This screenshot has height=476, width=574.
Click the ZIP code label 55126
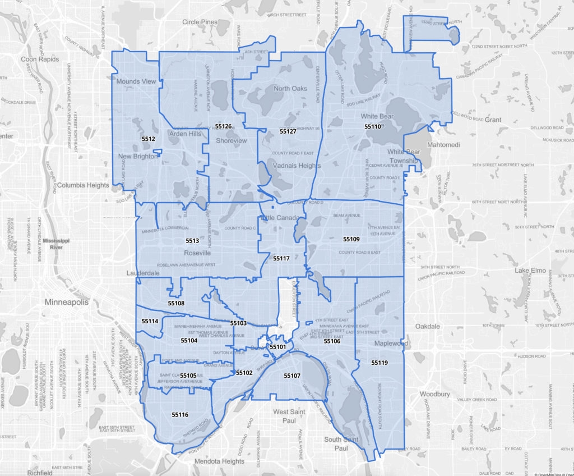pos(223,126)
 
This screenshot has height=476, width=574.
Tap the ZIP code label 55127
pos(288,131)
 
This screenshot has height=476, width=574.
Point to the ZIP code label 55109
pos(351,239)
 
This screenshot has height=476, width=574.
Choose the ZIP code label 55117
pos(281,259)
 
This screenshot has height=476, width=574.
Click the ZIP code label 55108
pos(176,303)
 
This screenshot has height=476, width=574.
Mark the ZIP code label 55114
pos(150,321)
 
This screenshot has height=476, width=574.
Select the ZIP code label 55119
pos(379,363)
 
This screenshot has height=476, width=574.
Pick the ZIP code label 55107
pos(293,376)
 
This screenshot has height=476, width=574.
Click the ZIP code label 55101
pos(278,347)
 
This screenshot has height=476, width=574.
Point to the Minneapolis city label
pos(67,303)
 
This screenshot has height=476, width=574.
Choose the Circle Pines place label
pos(200,22)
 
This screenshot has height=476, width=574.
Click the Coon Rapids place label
pos(40,59)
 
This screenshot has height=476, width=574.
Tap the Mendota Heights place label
pos(219,461)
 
